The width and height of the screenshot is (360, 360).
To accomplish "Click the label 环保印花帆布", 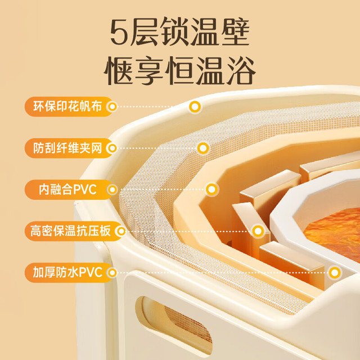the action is pos(67,106).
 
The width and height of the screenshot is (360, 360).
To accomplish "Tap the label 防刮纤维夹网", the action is pos(67,148).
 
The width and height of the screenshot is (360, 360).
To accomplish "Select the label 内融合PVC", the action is pos(67,190).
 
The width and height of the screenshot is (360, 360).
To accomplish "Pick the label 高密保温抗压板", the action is pos(70,231).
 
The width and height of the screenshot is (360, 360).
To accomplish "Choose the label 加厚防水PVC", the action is pos(67,272).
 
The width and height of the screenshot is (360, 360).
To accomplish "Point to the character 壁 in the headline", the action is pos(235,31).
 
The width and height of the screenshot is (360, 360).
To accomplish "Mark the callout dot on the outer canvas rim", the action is pos(195,107).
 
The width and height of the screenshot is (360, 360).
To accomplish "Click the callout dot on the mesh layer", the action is pos(203,148).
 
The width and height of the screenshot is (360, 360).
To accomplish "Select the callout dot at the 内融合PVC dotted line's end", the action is pos(211,190).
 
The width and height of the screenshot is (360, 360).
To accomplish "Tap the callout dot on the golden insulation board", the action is pos(258,231).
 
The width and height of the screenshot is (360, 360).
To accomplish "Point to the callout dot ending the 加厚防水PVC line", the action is pos(335,273).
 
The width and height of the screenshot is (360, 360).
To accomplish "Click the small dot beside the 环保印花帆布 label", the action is pos(112,106).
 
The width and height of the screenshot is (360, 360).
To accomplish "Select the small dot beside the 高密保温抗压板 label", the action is pos(121,231).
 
